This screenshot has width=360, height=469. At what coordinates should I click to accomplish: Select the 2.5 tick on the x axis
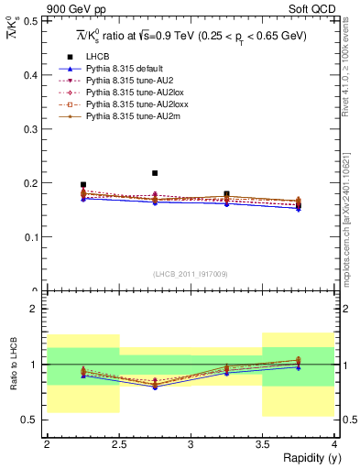pos(118,443)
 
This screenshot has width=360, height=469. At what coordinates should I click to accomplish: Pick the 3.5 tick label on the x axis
pos(262,443)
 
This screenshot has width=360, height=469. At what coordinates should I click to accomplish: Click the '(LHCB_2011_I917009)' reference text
pos(190,273)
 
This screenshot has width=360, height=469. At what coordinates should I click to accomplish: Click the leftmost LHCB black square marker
pos(82,185)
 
